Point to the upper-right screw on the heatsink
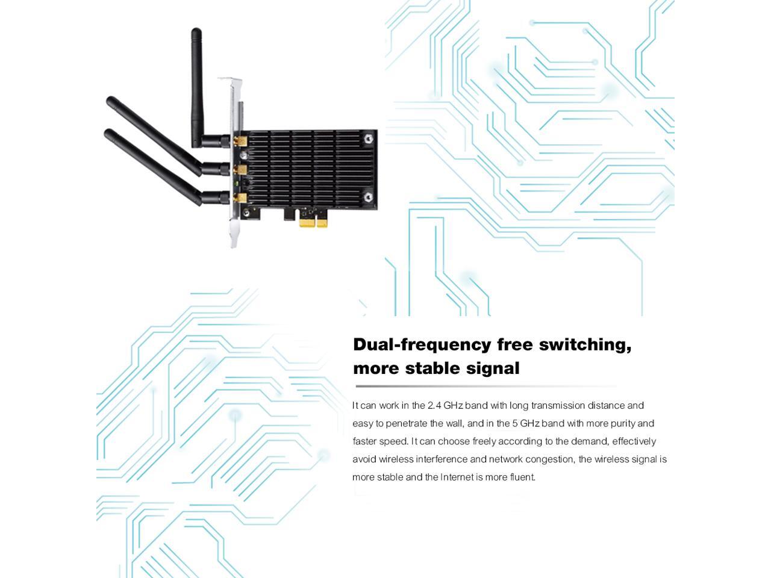[x=369, y=139]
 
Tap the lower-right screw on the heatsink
[x=369, y=196]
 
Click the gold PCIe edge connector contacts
[x=313, y=223]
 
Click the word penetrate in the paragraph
[x=407, y=424]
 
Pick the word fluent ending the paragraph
[x=522, y=477]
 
